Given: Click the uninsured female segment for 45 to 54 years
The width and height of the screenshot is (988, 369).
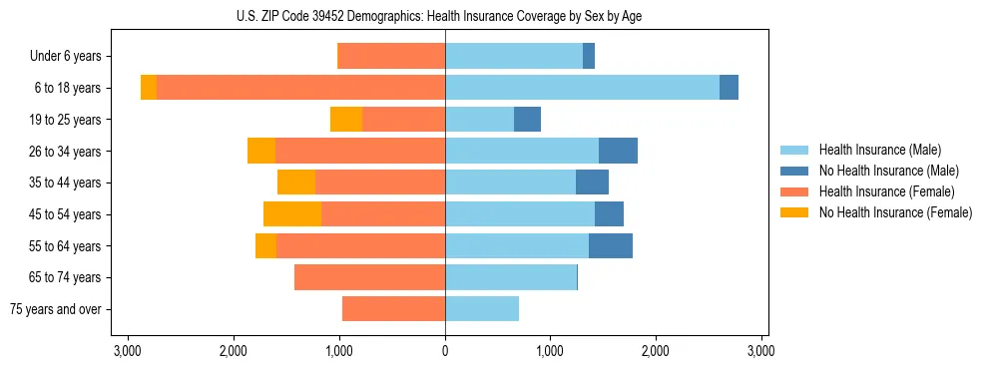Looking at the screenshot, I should pos(292,214).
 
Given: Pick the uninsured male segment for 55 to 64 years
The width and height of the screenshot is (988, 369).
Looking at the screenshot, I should pos(611,246).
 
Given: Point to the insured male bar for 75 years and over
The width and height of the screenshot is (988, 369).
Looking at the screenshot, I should pos(482,309).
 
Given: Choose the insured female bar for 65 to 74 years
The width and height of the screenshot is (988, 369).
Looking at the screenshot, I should pos(369,277).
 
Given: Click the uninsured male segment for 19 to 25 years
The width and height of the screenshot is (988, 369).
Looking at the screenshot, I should pos(527,120).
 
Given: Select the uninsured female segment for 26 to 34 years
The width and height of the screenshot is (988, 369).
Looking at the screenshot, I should pos(261,151).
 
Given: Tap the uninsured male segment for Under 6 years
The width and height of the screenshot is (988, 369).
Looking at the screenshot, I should pos(589,56).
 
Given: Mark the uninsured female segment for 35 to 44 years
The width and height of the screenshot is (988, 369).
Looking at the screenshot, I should pos(296,183).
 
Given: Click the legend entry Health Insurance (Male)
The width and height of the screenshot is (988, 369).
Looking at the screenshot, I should pos(879,150).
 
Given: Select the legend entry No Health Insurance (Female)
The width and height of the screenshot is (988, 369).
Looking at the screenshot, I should pos(895,212).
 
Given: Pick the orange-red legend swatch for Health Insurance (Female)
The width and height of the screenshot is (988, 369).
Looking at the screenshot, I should pos(794,191).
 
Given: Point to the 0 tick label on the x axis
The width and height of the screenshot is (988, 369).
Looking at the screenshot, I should pos(445,351).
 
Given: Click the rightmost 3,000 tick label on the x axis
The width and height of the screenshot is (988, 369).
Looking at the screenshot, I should pos(761,351).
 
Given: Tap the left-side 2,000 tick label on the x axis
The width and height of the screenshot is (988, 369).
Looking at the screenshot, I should pos(234,351).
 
